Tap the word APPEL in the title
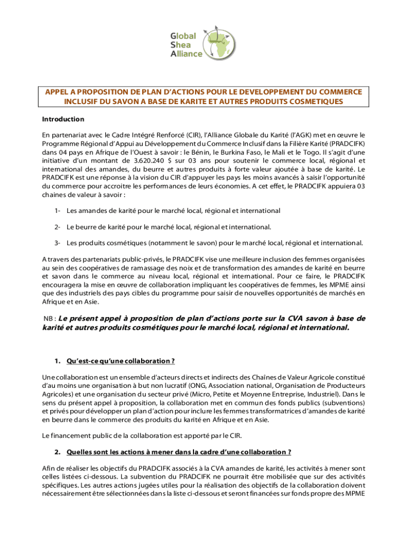click(57, 92)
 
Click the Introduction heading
click(63, 119)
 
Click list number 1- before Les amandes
click(57, 211)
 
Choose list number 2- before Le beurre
click(57, 227)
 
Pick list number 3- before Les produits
click(57, 244)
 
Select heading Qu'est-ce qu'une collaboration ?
click(121, 361)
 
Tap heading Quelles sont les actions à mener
click(179, 452)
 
